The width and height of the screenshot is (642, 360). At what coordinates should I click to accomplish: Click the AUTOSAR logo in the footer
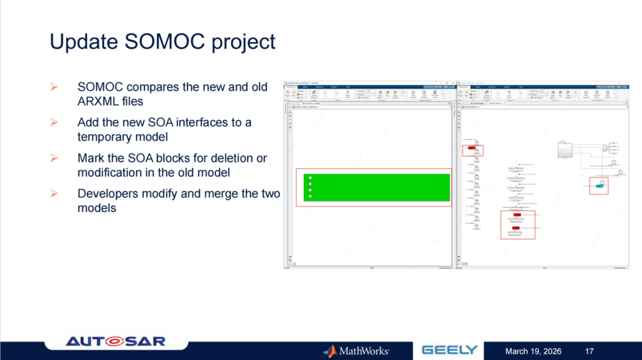point(116,341)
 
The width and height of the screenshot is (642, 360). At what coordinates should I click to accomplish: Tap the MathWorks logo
point(357,351)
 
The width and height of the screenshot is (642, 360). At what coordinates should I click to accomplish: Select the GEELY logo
point(449,350)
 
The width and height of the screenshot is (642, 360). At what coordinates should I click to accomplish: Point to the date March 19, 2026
point(533,351)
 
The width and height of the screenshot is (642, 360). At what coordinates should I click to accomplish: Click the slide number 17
point(589,351)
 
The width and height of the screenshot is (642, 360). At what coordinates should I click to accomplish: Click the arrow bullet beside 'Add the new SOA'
point(54,123)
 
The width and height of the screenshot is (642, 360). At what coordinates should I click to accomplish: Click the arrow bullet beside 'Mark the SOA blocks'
point(54,158)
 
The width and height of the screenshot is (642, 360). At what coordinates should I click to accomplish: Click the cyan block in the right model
point(599,186)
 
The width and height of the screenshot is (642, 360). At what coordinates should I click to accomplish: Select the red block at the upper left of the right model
point(472,149)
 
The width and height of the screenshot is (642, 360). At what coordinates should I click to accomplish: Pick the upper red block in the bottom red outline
point(516,215)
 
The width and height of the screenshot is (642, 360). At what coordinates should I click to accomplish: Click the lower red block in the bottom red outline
point(516,229)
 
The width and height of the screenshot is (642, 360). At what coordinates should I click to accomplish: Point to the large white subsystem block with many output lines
point(565,150)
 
